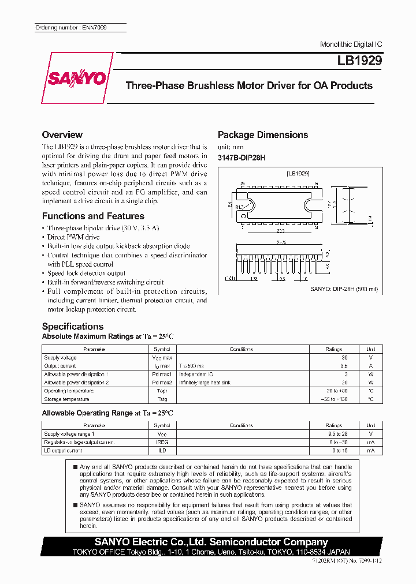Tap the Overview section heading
point(62,134)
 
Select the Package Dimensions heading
point(263,134)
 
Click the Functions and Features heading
point(93,216)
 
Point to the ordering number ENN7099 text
point(71,28)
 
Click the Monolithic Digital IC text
point(351,44)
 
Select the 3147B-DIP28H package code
point(242,158)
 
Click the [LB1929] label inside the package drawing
point(298,173)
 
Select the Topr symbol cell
point(162,391)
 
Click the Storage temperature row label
point(66,399)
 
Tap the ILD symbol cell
point(162,450)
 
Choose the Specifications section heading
point(73,326)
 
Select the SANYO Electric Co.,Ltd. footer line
point(211,542)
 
